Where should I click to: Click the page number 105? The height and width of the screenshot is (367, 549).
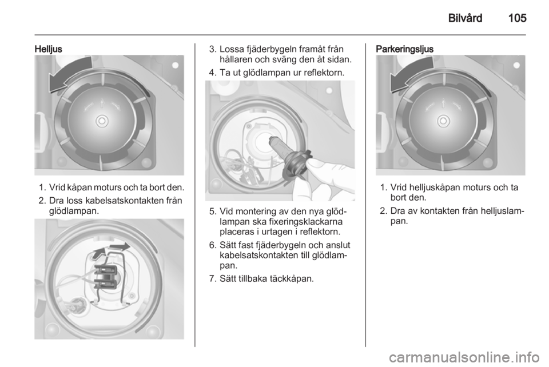(517, 18)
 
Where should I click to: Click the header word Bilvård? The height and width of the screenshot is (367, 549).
(465, 18)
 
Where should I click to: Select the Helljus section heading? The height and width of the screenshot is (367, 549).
(48, 49)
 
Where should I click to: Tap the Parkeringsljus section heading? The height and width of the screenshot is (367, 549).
(404, 49)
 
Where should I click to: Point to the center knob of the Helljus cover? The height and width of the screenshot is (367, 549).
(102, 121)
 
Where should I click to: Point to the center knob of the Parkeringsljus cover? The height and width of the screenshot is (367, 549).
(443, 121)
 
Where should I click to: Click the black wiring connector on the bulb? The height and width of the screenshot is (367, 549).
(105, 276)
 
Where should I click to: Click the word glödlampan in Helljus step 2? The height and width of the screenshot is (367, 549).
(74, 212)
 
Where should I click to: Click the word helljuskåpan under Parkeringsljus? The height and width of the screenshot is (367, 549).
(434, 188)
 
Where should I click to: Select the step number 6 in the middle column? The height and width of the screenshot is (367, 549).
(212, 245)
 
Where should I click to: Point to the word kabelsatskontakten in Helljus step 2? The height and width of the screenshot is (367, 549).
(128, 201)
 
